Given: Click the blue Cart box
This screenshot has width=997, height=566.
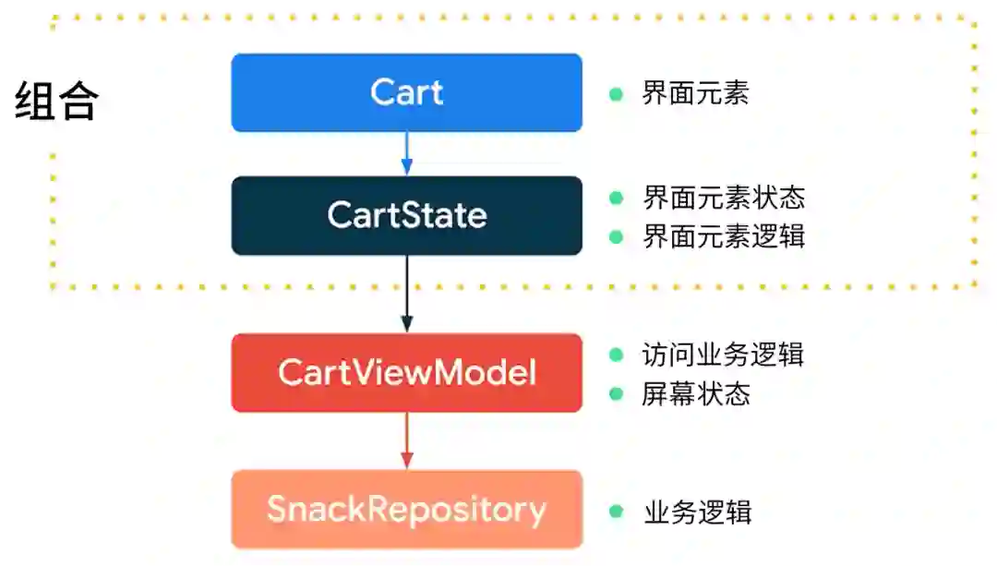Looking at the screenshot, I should click(x=406, y=92).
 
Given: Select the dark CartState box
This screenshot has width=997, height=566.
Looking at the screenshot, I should click(x=406, y=215).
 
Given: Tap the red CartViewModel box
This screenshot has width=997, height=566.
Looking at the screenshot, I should click(x=406, y=373).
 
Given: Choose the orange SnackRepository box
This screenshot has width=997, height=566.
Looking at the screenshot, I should click(x=406, y=510).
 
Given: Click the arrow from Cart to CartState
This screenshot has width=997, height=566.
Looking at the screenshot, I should click(x=406, y=153).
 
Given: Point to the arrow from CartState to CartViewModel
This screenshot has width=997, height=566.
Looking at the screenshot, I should click(x=406, y=294).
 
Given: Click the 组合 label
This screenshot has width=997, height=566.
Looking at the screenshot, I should click(x=56, y=101).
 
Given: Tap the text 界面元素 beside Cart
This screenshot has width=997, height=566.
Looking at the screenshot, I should click(x=695, y=93).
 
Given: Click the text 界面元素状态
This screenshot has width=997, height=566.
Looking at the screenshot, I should click(x=724, y=198).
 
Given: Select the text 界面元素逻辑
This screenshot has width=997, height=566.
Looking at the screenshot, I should click(x=724, y=236).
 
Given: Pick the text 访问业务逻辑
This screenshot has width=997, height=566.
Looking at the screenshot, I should click(x=723, y=355).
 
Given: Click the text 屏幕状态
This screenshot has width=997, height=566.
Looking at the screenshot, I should click(x=695, y=394).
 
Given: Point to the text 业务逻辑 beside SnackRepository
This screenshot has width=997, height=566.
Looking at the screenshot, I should click(x=697, y=512).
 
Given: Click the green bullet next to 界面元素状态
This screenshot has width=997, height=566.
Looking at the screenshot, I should click(x=617, y=198).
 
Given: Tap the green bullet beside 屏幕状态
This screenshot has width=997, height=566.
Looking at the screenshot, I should click(x=617, y=394).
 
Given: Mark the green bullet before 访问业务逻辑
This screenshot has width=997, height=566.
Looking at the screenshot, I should click(x=617, y=355).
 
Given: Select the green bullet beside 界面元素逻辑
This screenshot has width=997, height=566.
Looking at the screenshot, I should click(x=617, y=236).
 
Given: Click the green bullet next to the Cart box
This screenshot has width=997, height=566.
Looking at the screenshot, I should click(x=617, y=93).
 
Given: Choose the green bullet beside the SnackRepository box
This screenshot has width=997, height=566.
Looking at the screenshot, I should click(x=617, y=512).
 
